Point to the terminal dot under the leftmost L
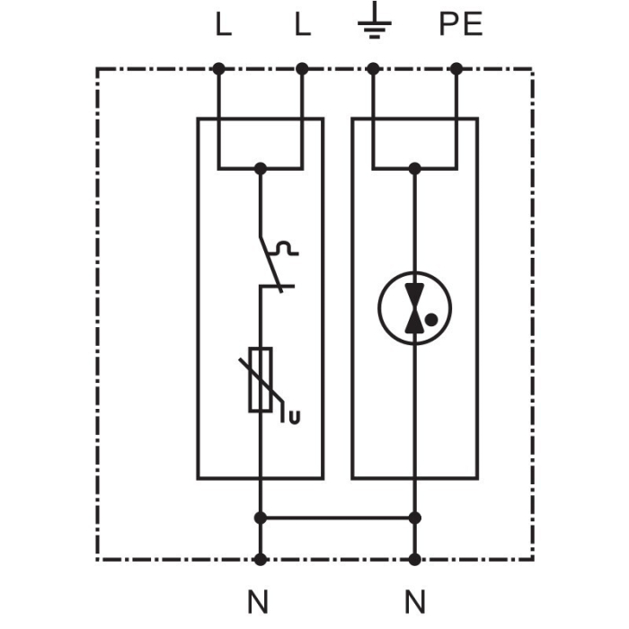(218, 68)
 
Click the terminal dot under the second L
(302, 68)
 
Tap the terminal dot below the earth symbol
(373, 68)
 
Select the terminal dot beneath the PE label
(456, 68)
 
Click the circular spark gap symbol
(414, 308)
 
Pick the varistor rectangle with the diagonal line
(261, 379)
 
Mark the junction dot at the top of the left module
(261, 168)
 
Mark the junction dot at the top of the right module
(414, 168)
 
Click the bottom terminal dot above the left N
(261, 559)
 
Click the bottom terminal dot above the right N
(414, 559)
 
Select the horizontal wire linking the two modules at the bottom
(337, 518)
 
